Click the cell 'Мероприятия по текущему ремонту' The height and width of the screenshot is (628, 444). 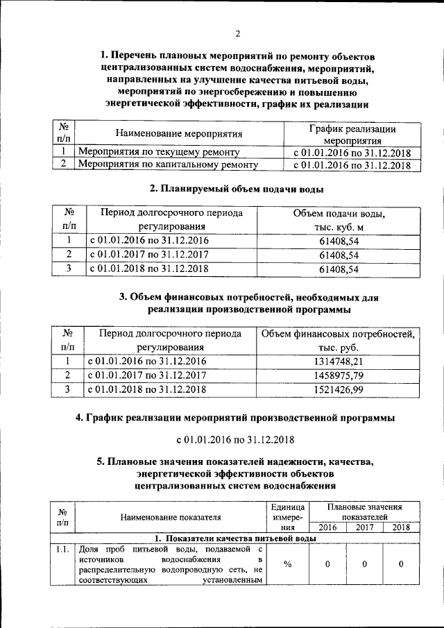pos(159,151)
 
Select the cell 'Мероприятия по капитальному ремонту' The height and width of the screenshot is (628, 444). pos(168,165)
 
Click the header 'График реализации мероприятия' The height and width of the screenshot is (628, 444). pos(352,134)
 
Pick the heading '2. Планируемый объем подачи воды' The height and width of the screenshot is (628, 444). pos(237,189)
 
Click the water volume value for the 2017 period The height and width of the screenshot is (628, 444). pos(339,255)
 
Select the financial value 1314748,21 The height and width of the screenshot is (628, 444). pos(339,362)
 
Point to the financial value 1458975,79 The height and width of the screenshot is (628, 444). pos(339,375)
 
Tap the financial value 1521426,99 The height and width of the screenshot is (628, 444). pos(339,390)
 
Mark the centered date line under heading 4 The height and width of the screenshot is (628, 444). pos(236,440)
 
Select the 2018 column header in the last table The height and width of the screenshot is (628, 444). pos(400,527)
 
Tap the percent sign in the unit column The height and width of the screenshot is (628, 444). pos(287,563)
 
